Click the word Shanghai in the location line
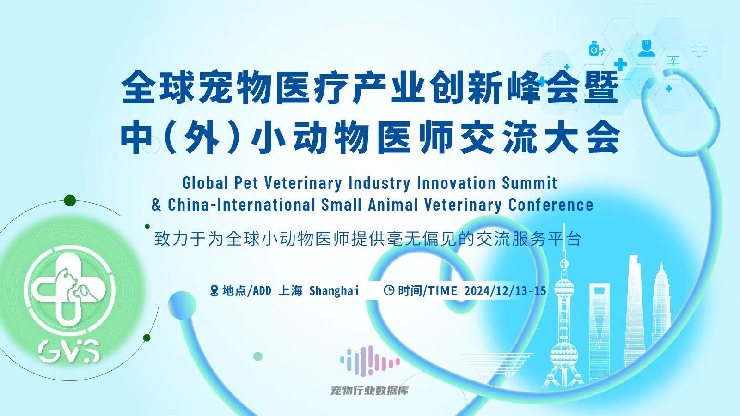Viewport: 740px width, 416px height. tap(334, 291)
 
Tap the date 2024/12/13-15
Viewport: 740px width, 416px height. tap(505, 290)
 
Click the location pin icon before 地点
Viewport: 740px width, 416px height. tap(214, 290)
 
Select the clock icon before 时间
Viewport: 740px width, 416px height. tap(389, 290)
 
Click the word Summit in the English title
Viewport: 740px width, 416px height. tap(530, 183)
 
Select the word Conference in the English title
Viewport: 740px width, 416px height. tap(550, 205)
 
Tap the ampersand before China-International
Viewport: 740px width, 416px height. tap(156, 205)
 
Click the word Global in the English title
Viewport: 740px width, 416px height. tap(205, 183)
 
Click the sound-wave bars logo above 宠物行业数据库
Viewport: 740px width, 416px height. tap(370, 361)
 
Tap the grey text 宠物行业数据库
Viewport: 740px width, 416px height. tap(370, 391)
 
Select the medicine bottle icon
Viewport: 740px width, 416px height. tap(594, 48)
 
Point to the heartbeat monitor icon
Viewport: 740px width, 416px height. tap(673, 61)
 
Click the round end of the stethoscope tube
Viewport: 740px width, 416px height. tap(182, 305)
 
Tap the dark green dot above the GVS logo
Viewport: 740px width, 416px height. tap(70, 200)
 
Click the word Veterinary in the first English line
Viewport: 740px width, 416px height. tap(303, 183)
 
